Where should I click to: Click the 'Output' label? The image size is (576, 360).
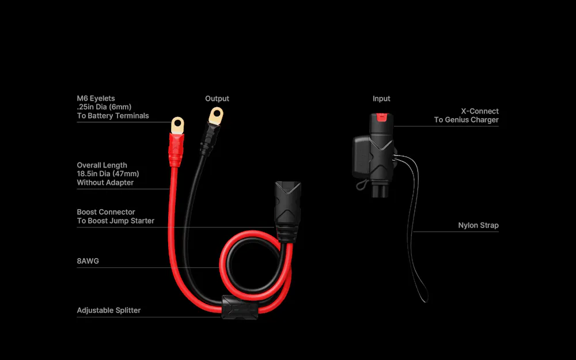(217, 98)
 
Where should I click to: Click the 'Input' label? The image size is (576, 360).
(381, 98)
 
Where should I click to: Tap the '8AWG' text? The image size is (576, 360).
(88, 261)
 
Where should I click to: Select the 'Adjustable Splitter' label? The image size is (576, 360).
(109, 310)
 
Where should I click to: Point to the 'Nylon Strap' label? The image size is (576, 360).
(478, 225)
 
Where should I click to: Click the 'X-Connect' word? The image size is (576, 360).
(480, 111)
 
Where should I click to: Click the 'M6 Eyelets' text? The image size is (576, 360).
(96, 98)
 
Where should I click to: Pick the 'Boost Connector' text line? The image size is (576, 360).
(106, 212)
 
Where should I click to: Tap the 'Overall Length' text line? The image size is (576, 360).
(102, 165)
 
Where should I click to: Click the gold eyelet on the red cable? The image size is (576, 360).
(177, 125)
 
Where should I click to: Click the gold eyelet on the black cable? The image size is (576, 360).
(216, 116)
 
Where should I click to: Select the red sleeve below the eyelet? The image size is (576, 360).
(176, 150)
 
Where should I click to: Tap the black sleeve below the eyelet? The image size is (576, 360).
(209, 139)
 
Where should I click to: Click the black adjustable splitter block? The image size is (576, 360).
(240, 307)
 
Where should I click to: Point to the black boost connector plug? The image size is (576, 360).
(287, 211)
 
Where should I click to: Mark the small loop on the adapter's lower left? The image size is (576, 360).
(362, 185)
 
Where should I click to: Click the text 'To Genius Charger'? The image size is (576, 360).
(466, 120)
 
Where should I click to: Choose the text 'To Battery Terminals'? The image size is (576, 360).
(113, 116)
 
